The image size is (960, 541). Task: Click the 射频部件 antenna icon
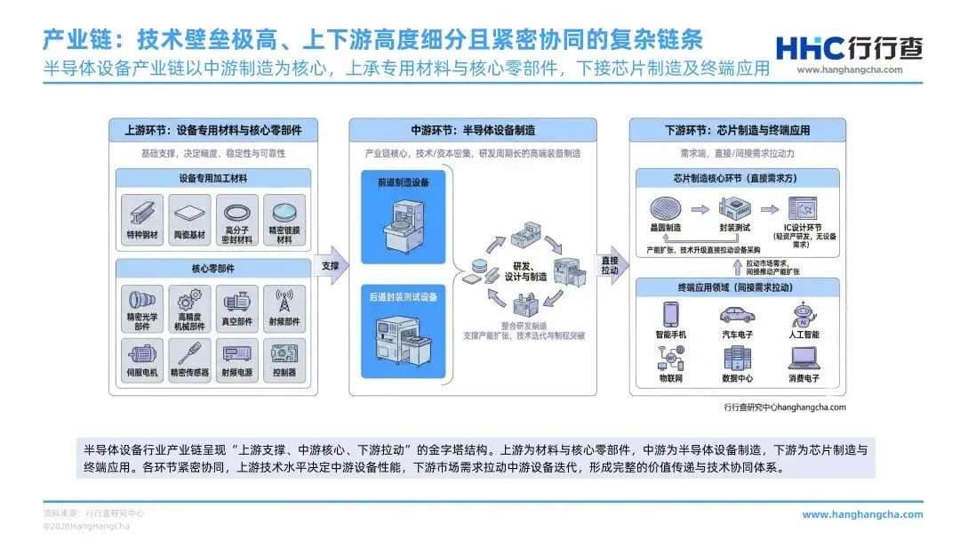[285, 300]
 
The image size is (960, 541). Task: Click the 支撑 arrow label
[330, 266]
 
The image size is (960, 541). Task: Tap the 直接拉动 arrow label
[610, 264]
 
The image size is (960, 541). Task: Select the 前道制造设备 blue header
[402, 182]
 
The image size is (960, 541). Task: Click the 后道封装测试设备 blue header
[402, 296]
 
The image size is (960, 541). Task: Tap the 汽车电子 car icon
[737, 315]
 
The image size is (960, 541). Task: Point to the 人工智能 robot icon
[804, 315]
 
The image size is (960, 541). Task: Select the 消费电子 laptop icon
[804, 358]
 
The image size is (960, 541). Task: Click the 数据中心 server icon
[737, 359]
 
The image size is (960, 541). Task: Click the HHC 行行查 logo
[848, 50]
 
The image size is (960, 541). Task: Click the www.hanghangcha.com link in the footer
[862, 514]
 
